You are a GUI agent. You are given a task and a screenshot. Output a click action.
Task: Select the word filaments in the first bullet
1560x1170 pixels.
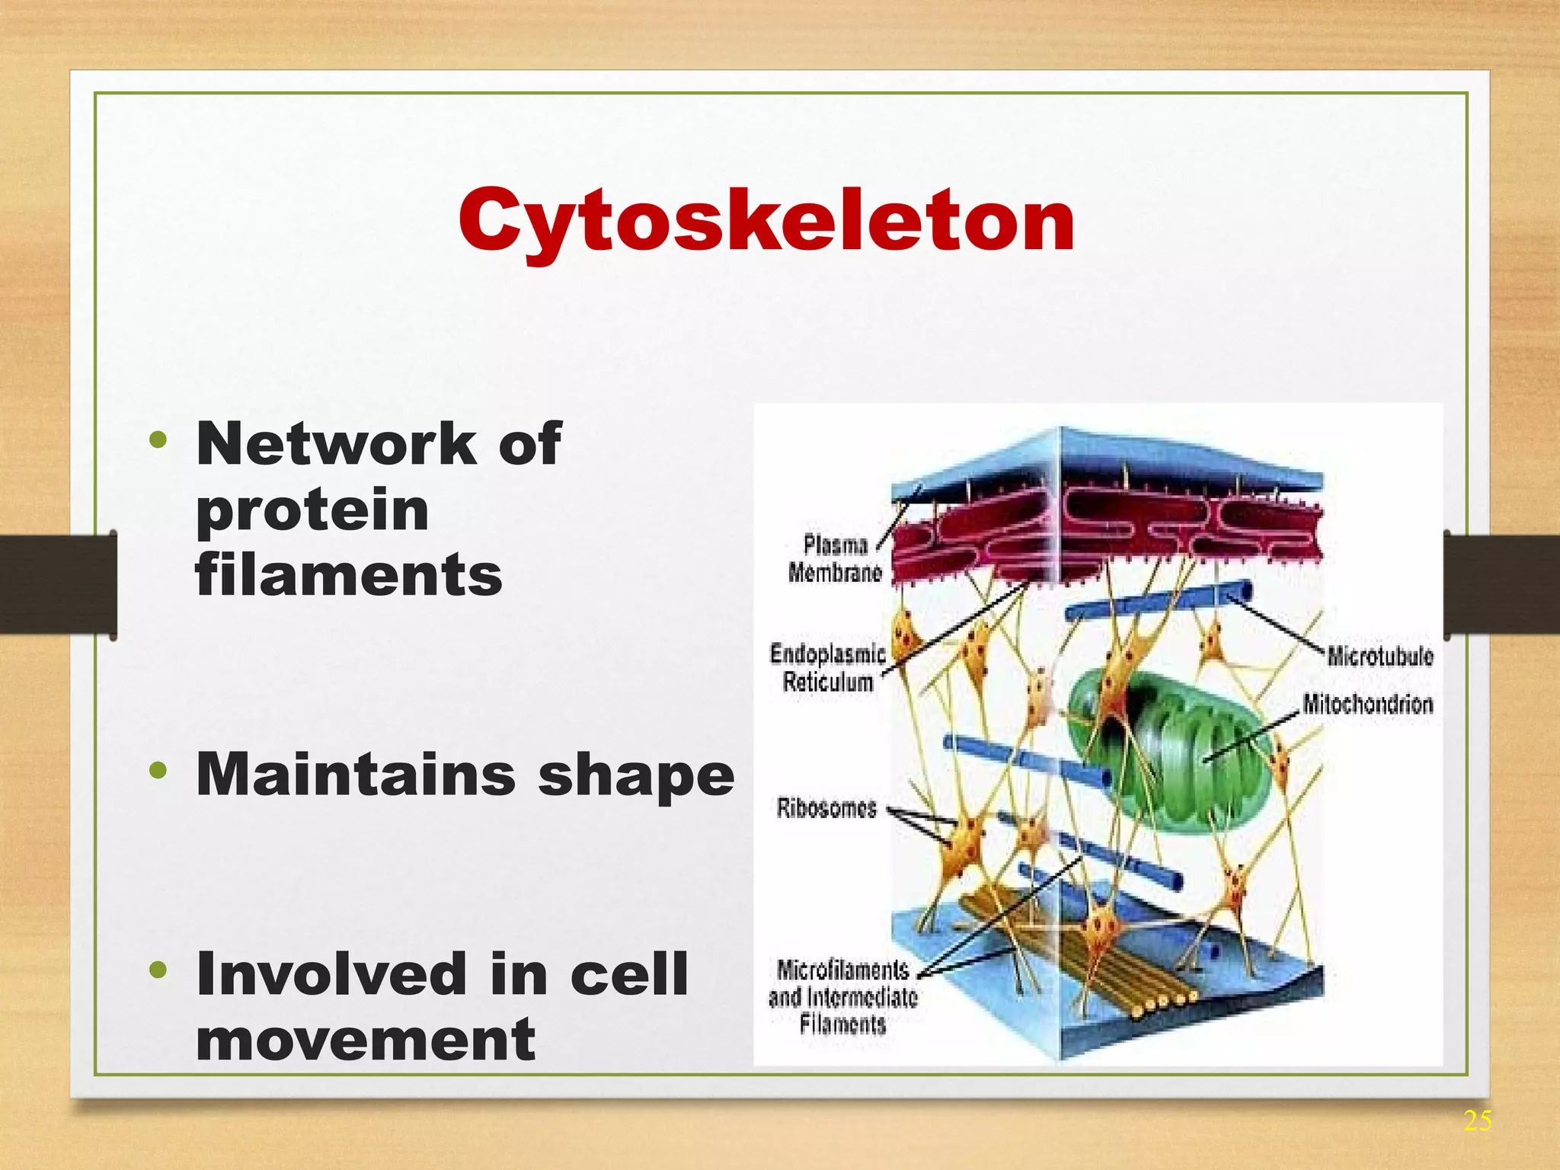349,574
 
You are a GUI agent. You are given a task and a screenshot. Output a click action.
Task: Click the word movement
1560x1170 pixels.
366,1039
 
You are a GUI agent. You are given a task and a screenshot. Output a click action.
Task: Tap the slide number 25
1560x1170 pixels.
1477,1120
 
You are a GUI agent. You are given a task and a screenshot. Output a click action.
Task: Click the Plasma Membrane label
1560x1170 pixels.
836,558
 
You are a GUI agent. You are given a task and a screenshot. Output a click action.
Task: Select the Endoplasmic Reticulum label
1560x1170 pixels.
828,667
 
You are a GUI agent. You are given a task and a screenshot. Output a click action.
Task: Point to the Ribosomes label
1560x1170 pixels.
826,807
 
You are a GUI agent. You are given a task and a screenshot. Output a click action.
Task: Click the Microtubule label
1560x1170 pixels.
1379,656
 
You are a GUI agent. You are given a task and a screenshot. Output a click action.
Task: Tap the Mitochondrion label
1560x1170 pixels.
1367,703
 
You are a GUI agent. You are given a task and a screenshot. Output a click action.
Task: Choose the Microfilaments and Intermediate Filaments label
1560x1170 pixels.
842,996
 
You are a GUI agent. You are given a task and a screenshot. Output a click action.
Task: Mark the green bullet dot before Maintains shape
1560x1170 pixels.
158,770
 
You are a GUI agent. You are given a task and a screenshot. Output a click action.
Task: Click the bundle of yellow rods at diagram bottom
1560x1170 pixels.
1082,960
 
